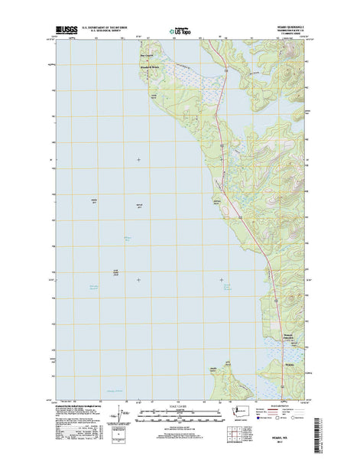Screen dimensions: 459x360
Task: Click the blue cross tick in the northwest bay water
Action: point(138,159)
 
